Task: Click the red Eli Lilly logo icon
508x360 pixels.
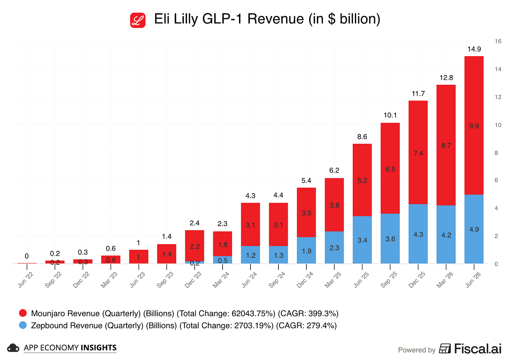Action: click(138, 20)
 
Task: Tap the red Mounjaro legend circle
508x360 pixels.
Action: click(23, 313)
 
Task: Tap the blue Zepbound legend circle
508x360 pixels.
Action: click(23, 325)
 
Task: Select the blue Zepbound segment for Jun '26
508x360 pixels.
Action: click(474, 229)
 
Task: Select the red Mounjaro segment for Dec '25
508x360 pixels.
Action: click(418, 152)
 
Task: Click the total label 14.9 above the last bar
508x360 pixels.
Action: click(474, 49)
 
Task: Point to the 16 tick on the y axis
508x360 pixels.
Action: click(498, 41)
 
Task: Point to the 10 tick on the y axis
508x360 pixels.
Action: click(498, 125)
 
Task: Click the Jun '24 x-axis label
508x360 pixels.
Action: click(249, 280)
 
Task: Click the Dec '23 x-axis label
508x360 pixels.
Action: click(193, 280)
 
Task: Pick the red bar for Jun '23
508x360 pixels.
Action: click(139, 257)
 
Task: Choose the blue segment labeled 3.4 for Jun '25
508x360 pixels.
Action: click(362, 240)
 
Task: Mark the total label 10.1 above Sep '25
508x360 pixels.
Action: click(390, 115)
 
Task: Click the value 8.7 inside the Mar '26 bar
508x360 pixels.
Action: click(446, 145)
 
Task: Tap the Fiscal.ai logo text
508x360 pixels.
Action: click(478, 348)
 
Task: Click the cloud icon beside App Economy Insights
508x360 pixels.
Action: click(13, 348)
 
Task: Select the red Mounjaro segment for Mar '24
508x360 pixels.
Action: click(223, 244)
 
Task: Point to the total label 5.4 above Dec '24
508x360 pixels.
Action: click(306, 180)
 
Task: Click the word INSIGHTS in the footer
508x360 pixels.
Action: click(99, 347)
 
